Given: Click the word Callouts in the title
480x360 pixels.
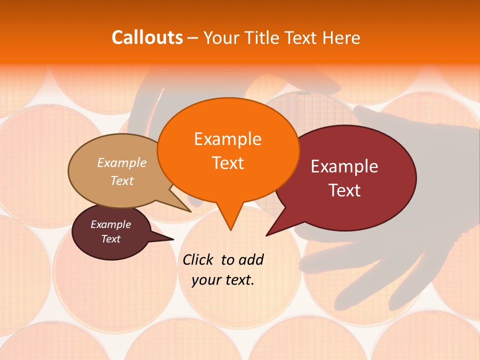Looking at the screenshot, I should pyautogui.click(x=147, y=37).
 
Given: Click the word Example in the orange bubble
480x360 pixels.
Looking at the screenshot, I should pyautogui.click(x=228, y=138).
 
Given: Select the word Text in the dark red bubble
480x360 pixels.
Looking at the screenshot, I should pyautogui.click(x=345, y=190).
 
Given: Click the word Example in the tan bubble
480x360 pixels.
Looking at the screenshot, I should pyautogui.click(x=122, y=162).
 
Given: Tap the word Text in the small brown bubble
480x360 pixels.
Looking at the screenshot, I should pyautogui.click(x=111, y=239).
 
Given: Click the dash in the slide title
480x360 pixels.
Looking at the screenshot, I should pyautogui.click(x=193, y=37).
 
